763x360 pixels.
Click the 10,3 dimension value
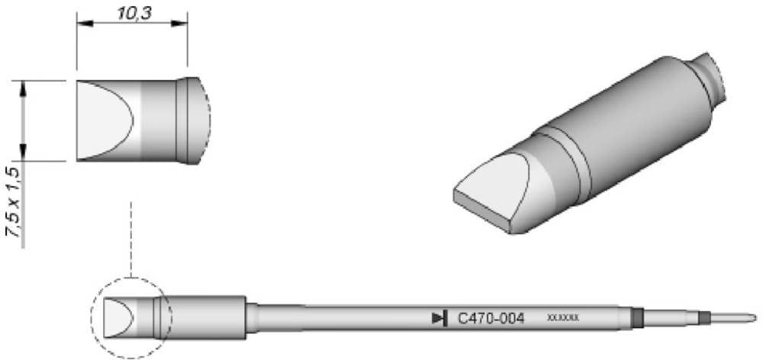point(132,14)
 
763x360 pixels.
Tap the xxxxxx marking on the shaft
point(563,317)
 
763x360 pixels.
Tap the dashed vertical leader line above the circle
point(131,236)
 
